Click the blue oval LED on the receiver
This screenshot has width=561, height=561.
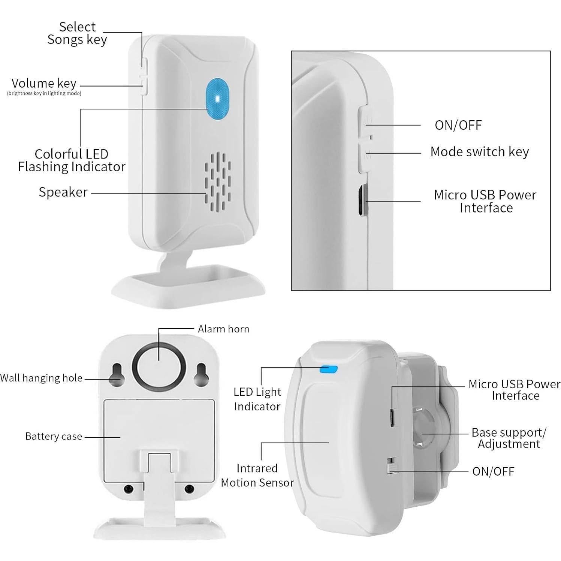(x=217, y=99)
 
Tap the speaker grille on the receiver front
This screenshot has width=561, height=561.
(x=217, y=181)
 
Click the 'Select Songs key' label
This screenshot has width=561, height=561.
(x=77, y=33)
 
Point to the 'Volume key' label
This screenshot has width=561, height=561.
(x=44, y=83)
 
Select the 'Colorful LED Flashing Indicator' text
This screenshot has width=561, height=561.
(x=72, y=160)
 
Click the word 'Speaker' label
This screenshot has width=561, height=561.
(x=63, y=192)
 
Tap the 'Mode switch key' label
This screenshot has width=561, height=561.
(x=479, y=152)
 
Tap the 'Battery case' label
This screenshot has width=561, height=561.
(x=53, y=436)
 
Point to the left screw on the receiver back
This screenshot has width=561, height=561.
(x=129, y=489)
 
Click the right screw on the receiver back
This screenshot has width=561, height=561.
(x=190, y=489)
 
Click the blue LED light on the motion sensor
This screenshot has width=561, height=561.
(x=328, y=369)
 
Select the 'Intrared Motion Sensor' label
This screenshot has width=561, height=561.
(x=257, y=475)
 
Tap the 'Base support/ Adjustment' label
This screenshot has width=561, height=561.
(x=509, y=438)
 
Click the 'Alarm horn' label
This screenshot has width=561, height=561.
(x=223, y=329)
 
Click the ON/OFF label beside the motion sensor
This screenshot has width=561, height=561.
(x=493, y=471)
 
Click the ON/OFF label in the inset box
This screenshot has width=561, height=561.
(x=458, y=125)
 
